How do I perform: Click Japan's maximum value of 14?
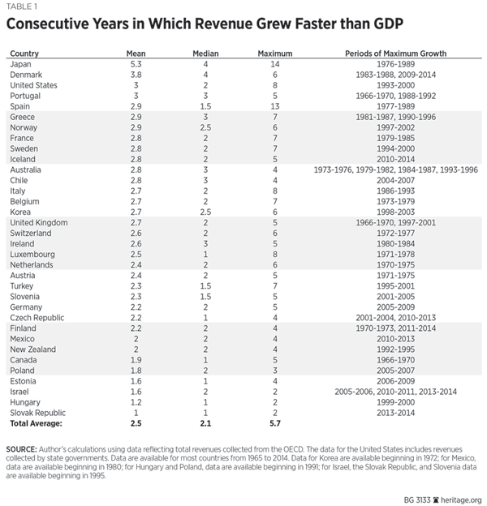(274, 64)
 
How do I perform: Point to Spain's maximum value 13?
(274, 106)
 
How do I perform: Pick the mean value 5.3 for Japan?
(136, 64)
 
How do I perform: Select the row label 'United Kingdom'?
(38, 222)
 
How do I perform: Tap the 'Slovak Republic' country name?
(37, 413)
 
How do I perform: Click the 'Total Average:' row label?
(36, 423)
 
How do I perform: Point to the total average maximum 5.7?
(274, 423)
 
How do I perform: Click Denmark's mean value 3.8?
(136, 75)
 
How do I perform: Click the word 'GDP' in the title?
(378, 23)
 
